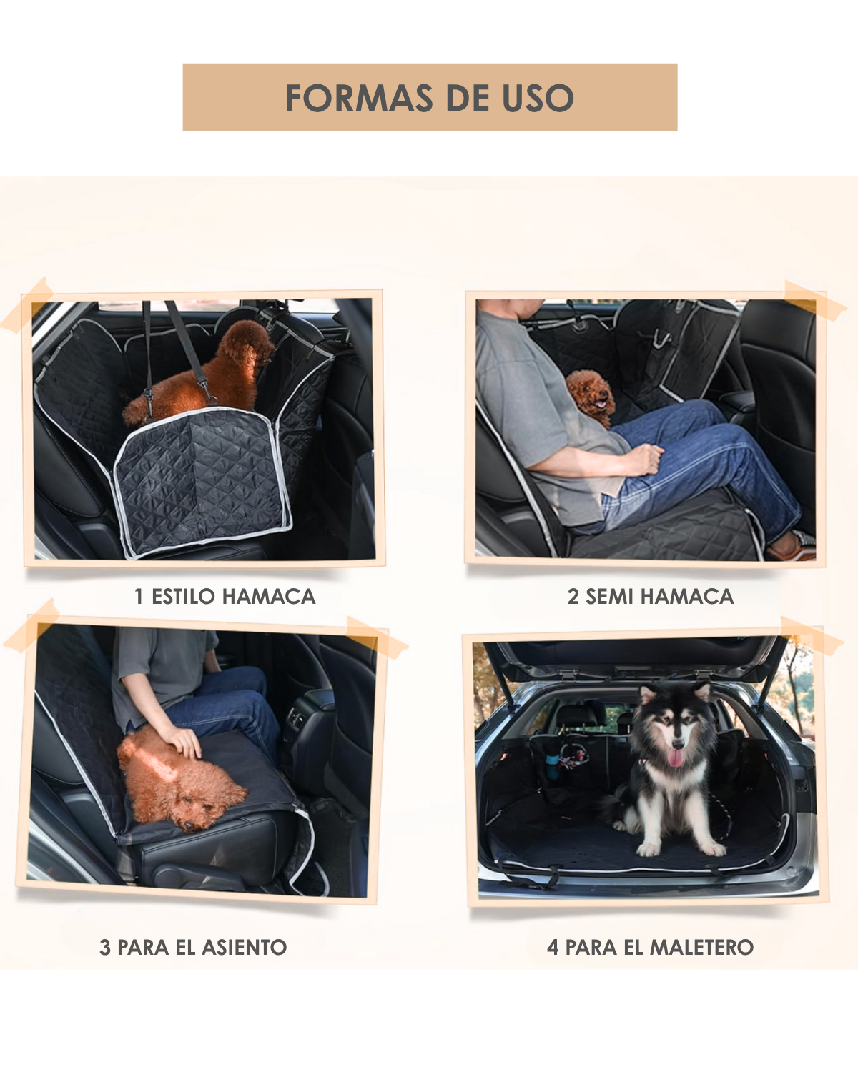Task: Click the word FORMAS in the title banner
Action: (x=359, y=98)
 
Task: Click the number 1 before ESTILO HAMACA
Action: (x=139, y=596)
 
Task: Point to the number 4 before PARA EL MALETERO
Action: (x=553, y=947)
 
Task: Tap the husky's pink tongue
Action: (x=675, y=759)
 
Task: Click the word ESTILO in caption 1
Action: (x=184, y=596)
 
